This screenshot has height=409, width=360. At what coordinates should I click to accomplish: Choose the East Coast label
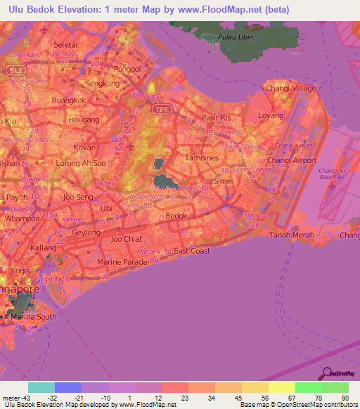point(191,251)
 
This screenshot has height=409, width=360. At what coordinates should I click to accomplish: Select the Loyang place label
point(271,115)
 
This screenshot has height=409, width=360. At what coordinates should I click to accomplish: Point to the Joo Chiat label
point(126,239)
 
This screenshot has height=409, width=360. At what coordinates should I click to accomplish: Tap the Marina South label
point(33,317)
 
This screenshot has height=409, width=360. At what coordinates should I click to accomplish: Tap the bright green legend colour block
point(308,387)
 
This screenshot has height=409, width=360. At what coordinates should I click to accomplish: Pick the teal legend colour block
point(41,387)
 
